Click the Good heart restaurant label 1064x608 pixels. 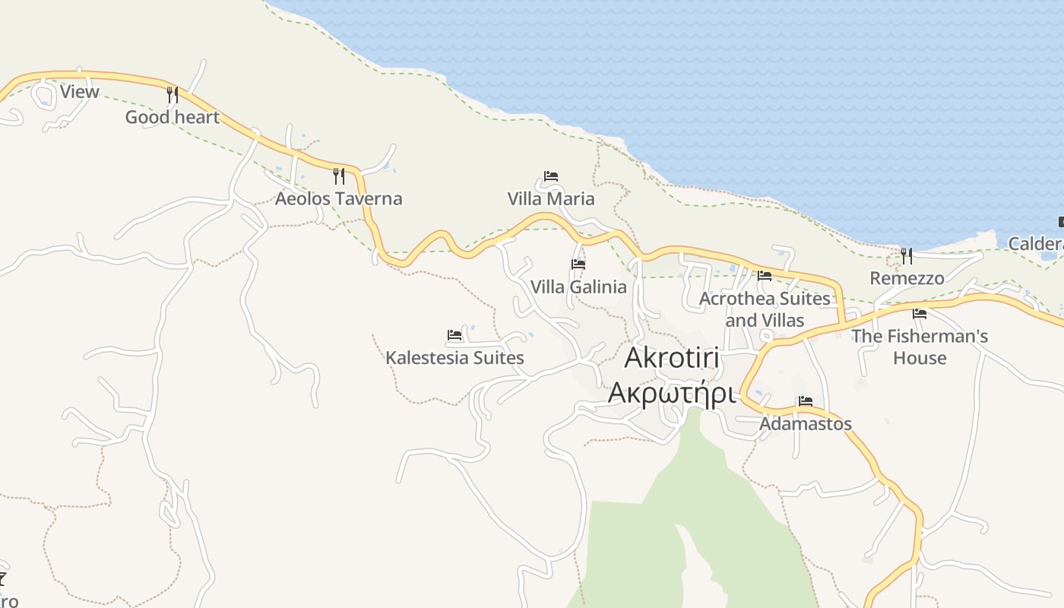(172, 117)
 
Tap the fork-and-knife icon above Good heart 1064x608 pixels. (173, 95)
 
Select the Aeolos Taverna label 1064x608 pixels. (338, 199)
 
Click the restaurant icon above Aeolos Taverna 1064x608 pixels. (339, 176)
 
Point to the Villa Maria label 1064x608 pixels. (551, 199)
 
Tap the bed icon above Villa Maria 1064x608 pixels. (551, 176)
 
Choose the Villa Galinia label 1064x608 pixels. (578, 287)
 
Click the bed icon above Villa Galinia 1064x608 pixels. (578, 264)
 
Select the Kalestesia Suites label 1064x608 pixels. (454, 357)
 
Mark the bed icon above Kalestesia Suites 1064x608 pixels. (454, 335)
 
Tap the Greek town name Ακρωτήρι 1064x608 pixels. (672, 394)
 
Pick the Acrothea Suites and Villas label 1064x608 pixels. (765, 309)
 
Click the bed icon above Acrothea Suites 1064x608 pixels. (765, 276)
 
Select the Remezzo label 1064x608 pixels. (907, 278)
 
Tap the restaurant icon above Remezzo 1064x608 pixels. (907, 255)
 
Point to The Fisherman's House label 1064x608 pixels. (920, 347)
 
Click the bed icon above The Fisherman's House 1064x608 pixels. (920, 313)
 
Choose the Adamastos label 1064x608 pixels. (806, 423)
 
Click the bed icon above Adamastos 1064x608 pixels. (806, 401)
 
